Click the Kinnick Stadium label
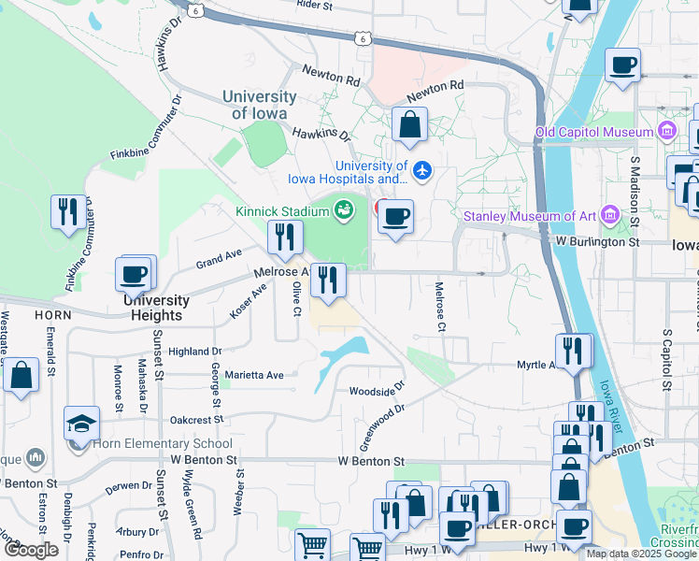[281, 211]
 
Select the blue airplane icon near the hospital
[422, 170]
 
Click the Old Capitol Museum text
[593, 131]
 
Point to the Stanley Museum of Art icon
[612, 216]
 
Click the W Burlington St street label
[596, 241]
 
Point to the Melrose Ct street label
[439, 308]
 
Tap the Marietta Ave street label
[247, 376]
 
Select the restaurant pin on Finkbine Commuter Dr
[67, 211]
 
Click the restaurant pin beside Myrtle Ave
[573, 351]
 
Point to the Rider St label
[314, 5]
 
